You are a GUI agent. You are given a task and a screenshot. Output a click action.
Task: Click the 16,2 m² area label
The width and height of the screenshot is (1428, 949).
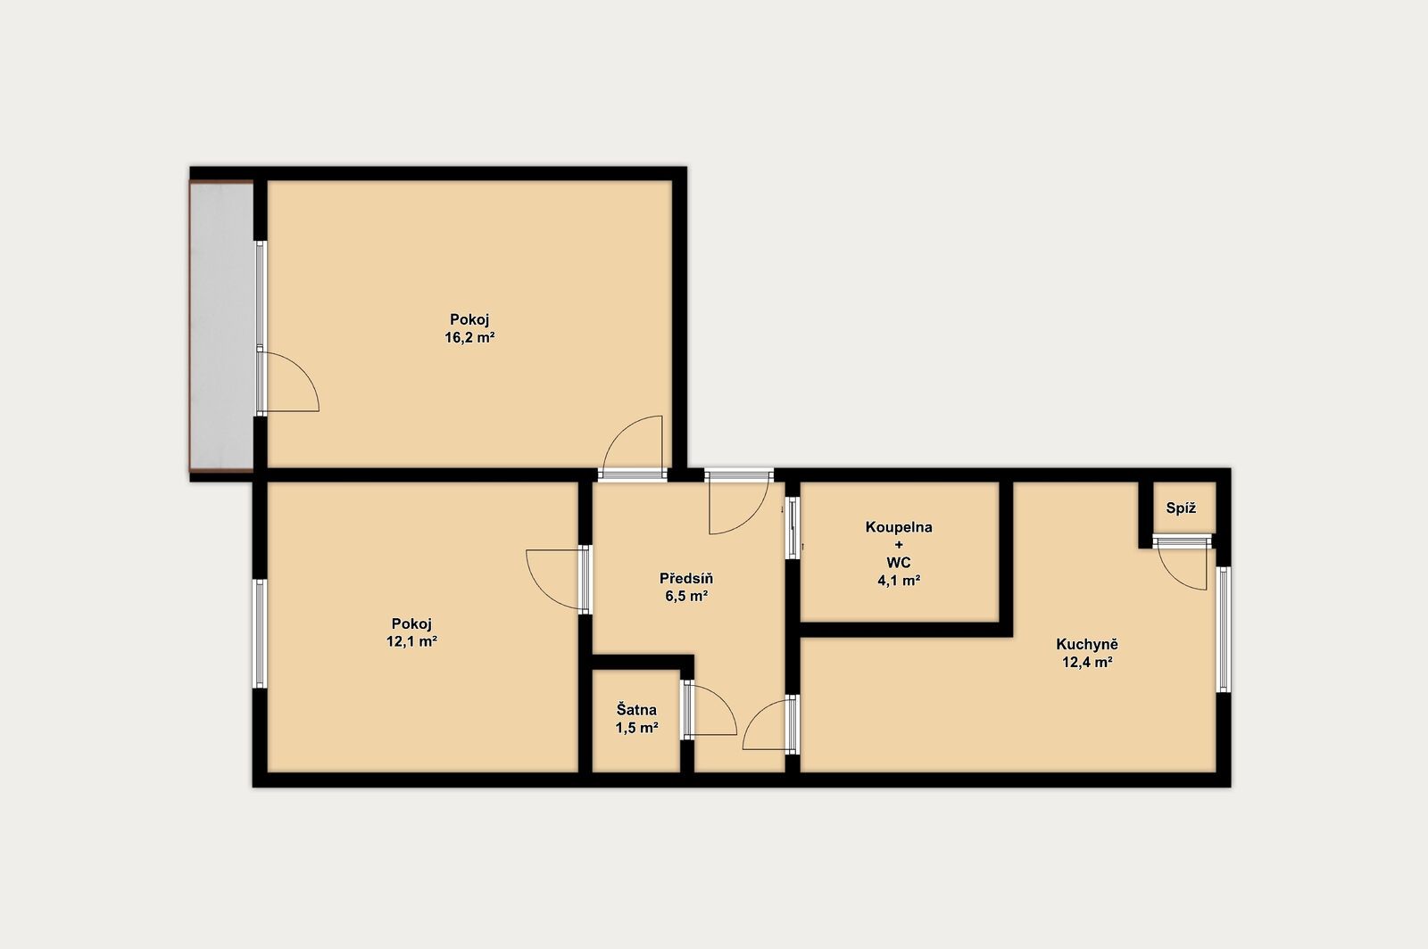click(469, 337)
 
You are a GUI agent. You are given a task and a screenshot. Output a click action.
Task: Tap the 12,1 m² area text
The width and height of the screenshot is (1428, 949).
click(411, 641)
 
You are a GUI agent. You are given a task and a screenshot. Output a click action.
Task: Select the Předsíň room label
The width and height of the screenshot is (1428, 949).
click(686, 578)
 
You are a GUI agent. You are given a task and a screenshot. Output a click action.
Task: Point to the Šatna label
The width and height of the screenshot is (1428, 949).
click(636, 710)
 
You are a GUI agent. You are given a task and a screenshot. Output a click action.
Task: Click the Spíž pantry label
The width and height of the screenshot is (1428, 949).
click(1181, 508)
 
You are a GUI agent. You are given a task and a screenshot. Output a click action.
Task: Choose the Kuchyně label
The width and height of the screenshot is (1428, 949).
click(1087, 645)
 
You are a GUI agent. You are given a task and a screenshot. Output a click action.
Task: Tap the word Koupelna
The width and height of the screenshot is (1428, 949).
click(898, 527)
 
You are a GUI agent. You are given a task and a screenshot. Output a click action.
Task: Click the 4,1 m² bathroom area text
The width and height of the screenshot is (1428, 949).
click(898, 581)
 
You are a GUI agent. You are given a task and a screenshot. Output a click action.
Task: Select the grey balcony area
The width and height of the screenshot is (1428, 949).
click(221, 326)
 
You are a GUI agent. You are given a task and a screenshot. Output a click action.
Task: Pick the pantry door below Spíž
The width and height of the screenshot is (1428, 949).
click(1183, 563)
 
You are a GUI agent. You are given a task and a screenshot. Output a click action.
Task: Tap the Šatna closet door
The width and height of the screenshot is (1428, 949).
click(709, 710)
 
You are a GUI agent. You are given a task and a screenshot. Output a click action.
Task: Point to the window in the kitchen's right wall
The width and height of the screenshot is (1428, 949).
click(1224, 630)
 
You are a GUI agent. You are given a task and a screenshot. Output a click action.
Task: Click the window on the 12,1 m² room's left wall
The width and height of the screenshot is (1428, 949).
click(260, 633)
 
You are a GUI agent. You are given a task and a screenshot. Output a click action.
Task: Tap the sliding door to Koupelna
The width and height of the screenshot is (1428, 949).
click(793, 527)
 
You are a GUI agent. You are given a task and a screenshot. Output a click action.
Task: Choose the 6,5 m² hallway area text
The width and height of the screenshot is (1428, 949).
click(686, 597)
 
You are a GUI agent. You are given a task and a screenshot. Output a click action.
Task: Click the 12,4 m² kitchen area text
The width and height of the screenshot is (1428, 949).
click(1087, 663)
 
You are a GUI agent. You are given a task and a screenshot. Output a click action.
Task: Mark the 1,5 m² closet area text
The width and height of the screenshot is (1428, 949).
click(636, 727)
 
